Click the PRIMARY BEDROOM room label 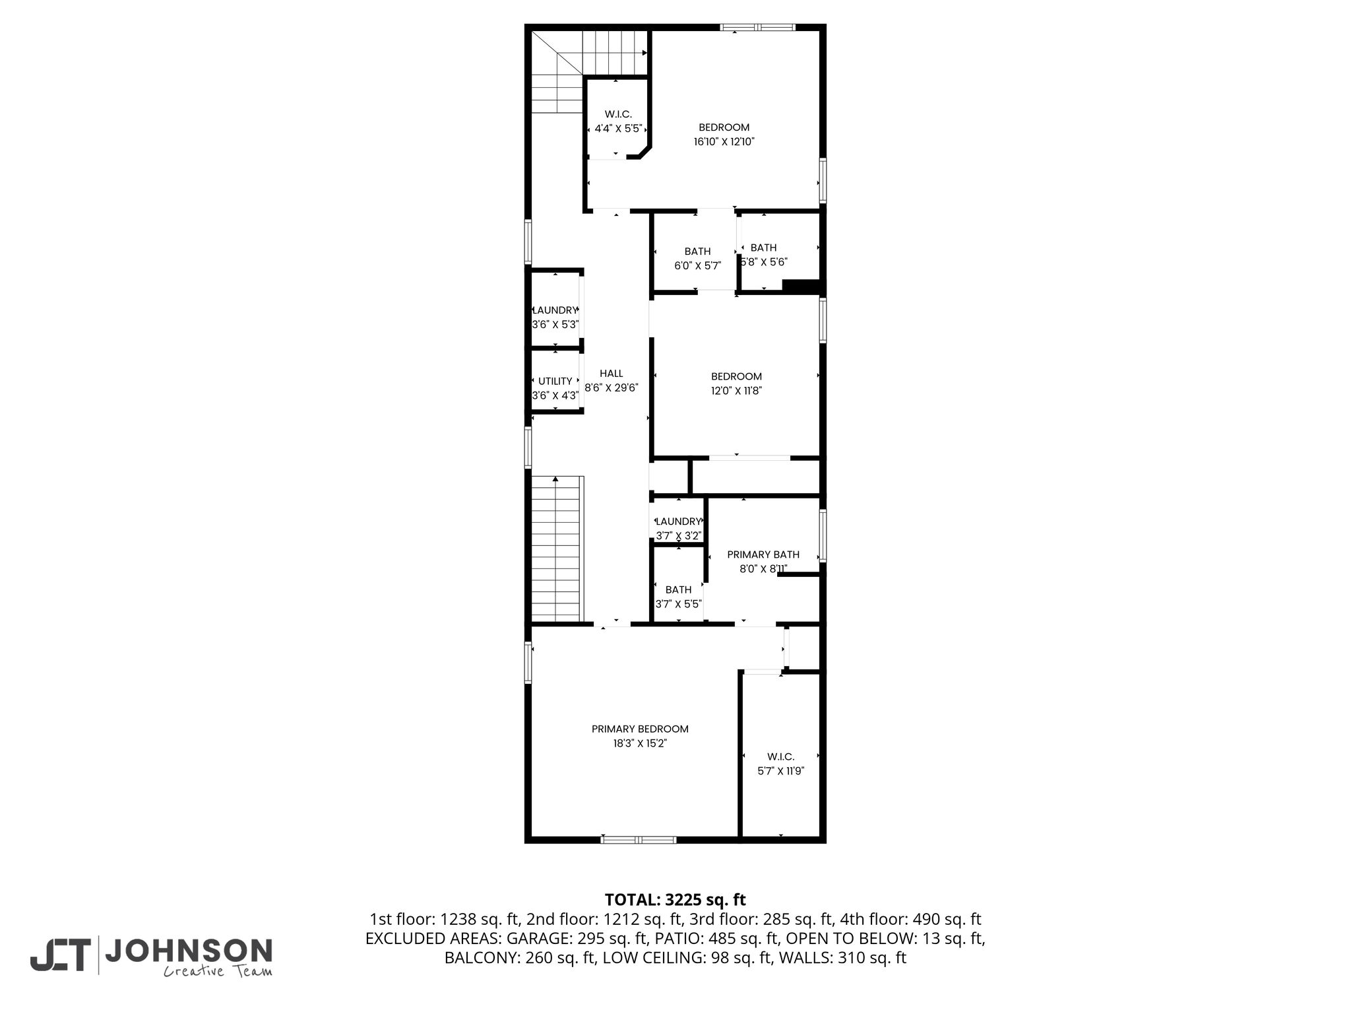click(x=640, y=729)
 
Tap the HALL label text click(x=612, y=374)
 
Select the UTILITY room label click(x=555, y=382)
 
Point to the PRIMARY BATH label click(x=763, y=555)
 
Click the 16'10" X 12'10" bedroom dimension click(x=724, y=141)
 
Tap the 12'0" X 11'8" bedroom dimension click(x=736, y=391)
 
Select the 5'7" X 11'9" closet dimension click(x=780, y=771)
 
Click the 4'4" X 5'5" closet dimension click(x=618, y=129)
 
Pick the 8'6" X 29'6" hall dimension click(x=612, y=388)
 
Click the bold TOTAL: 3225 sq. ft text click(x=675, y=900)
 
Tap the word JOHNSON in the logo click(x=189, y=951)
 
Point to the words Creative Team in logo click(x=218, y=971)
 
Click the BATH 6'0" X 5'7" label click(x=697, y=259)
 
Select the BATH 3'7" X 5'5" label click(x=678, y=597)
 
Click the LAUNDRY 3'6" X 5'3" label click(x=555, y=318)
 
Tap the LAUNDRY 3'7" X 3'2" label click(x=678, y=529)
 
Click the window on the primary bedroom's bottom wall click(x=639, y=840)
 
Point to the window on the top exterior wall click(x=757, y=28)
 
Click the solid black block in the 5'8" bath click(x=800, y=286)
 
